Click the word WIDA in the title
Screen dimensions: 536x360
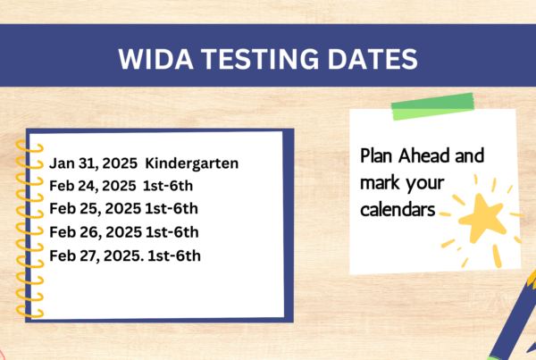tap(155, 59)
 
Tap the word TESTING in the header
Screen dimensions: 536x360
tap(260, 59)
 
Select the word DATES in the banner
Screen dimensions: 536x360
tap(373, 59)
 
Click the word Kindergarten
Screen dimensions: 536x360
tap(192, 163)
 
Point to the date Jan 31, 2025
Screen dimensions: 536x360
tap(93, 163)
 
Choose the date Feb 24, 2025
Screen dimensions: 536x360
tap(93, 187)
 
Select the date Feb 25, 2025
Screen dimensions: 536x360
tap(95, 208)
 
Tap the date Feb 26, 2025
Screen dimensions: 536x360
tap(96, 232)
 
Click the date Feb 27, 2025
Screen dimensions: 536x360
tap(96, 256)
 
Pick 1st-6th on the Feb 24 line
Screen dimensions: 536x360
tap(168, 186)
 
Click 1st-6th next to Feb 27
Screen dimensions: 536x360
tap(174, 255)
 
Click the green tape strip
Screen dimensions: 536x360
tap(432, 106)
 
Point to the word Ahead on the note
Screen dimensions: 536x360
tap(423, 156)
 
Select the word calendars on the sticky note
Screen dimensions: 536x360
tap(398, 209)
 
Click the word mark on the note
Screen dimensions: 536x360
tap(379, 182)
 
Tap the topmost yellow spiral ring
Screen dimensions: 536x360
tap(29, 147)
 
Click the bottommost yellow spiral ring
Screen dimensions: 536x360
tap(29, 312)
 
